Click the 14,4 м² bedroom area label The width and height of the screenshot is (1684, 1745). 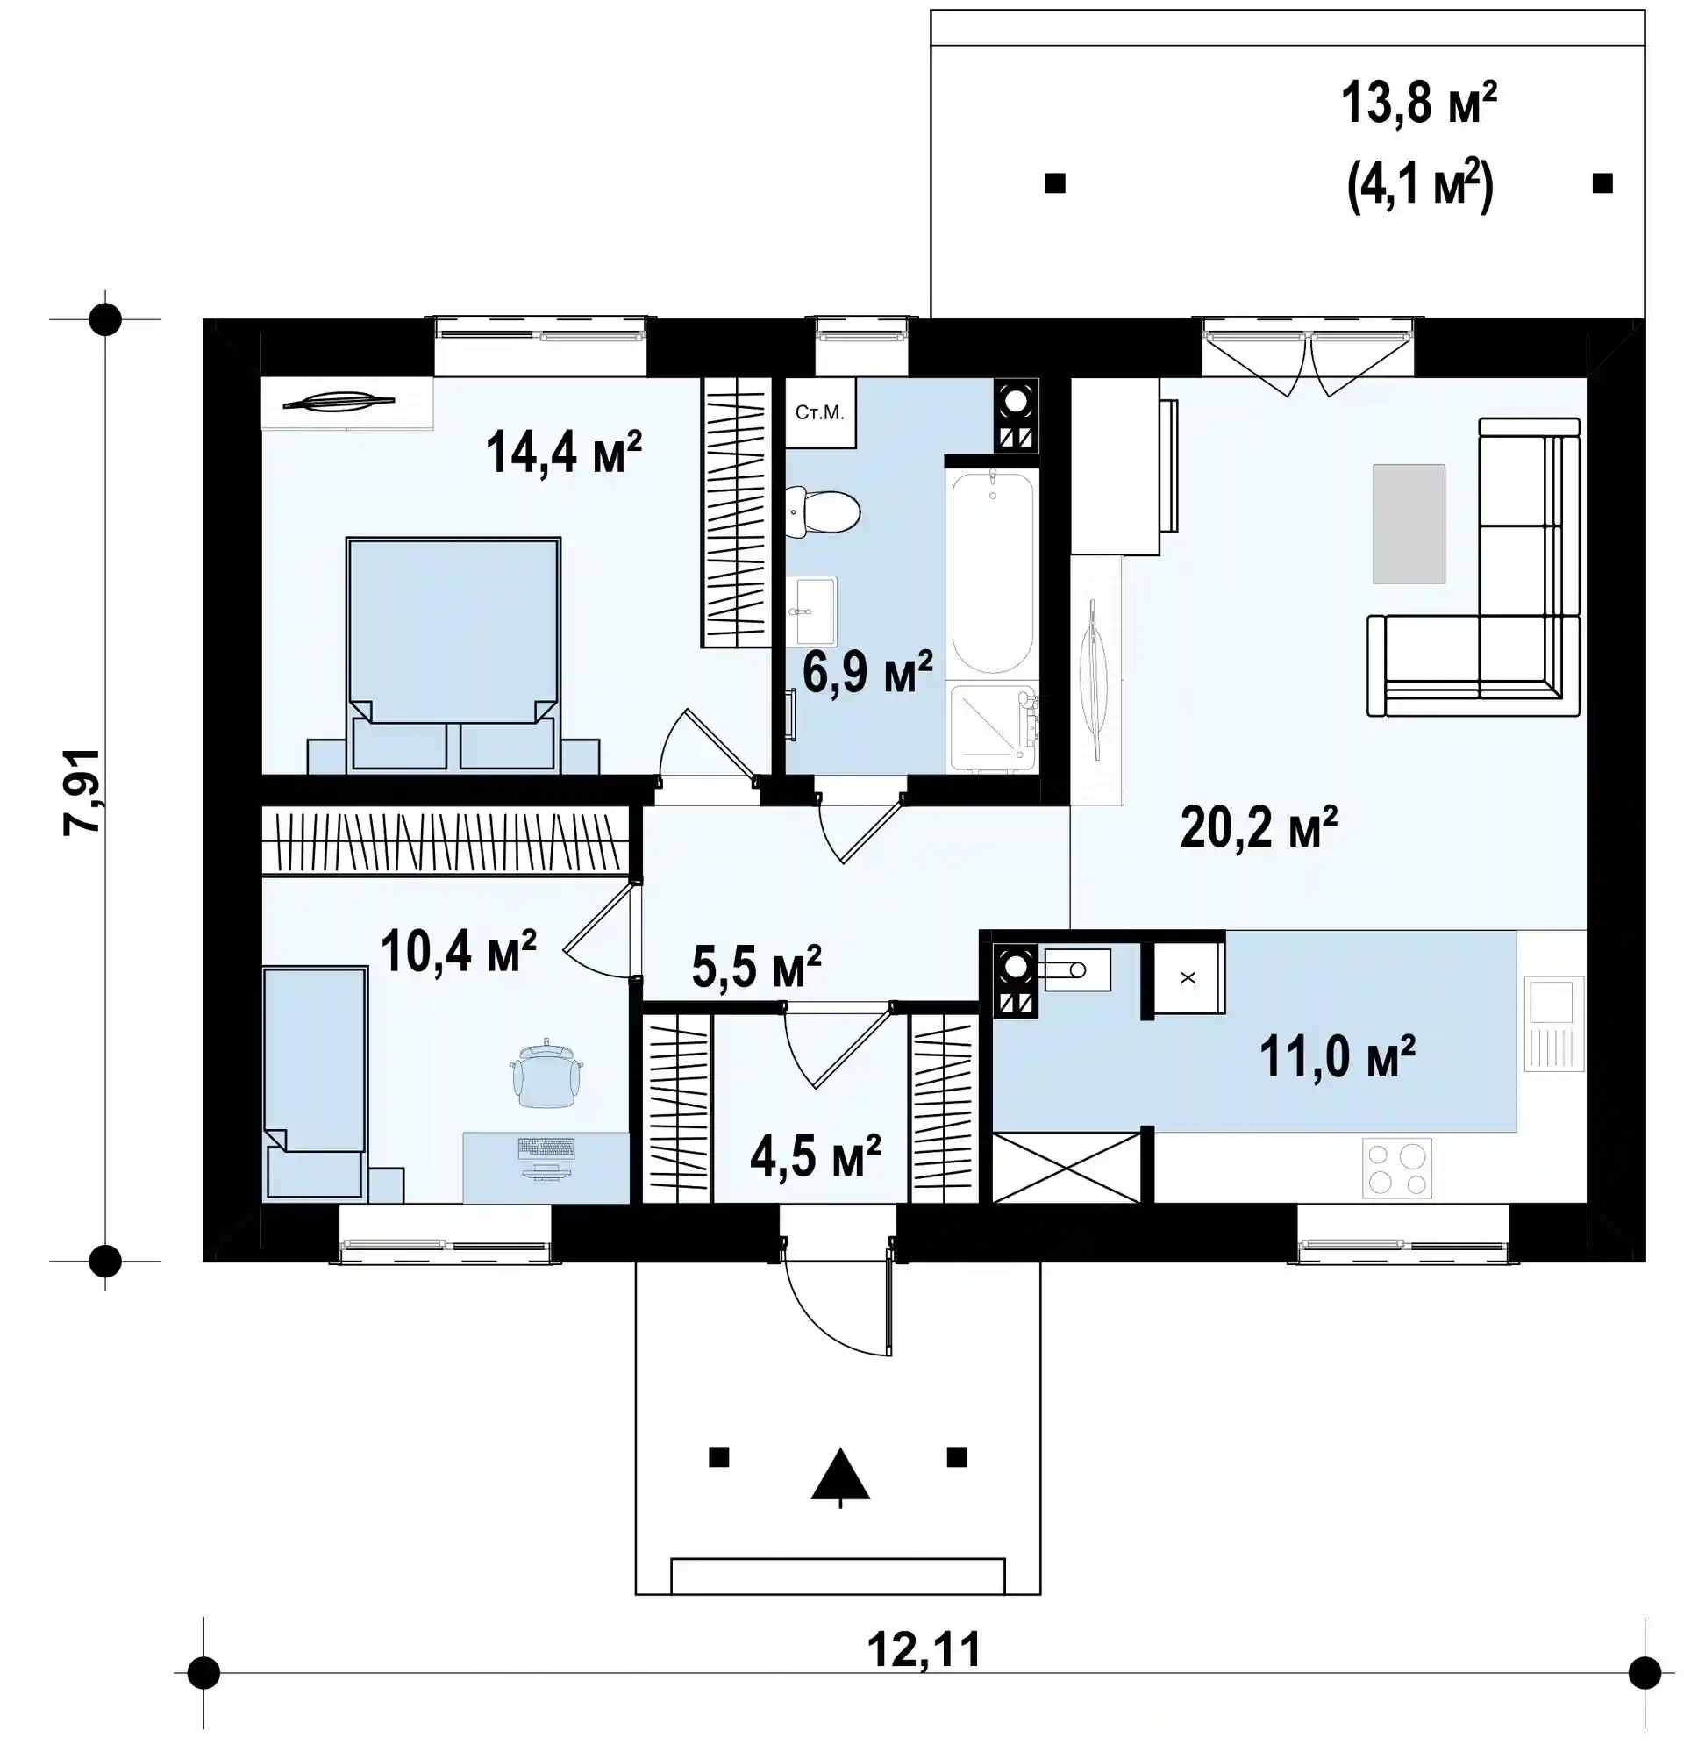(563, 452)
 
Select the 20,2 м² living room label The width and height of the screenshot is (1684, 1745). (1259, 827)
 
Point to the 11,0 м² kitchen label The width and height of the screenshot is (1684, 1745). (1337, 1056)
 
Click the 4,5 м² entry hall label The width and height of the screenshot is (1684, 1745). (816, 1155)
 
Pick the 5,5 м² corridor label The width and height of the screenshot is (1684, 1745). (756, 967)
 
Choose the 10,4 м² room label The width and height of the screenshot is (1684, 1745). (458, 951)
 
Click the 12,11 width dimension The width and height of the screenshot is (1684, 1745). (924, 1648)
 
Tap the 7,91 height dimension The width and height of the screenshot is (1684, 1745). (82, 790)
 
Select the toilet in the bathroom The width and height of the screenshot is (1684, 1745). (823, 512)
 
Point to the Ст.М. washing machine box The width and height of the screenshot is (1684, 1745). (820, 412)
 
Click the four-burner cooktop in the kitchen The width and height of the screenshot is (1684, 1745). (1396, 1167)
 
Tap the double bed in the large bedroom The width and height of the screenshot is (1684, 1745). (453, 653)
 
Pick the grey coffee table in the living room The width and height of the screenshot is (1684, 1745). (1407, 524)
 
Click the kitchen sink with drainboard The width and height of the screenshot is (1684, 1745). (1554, 1023)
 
